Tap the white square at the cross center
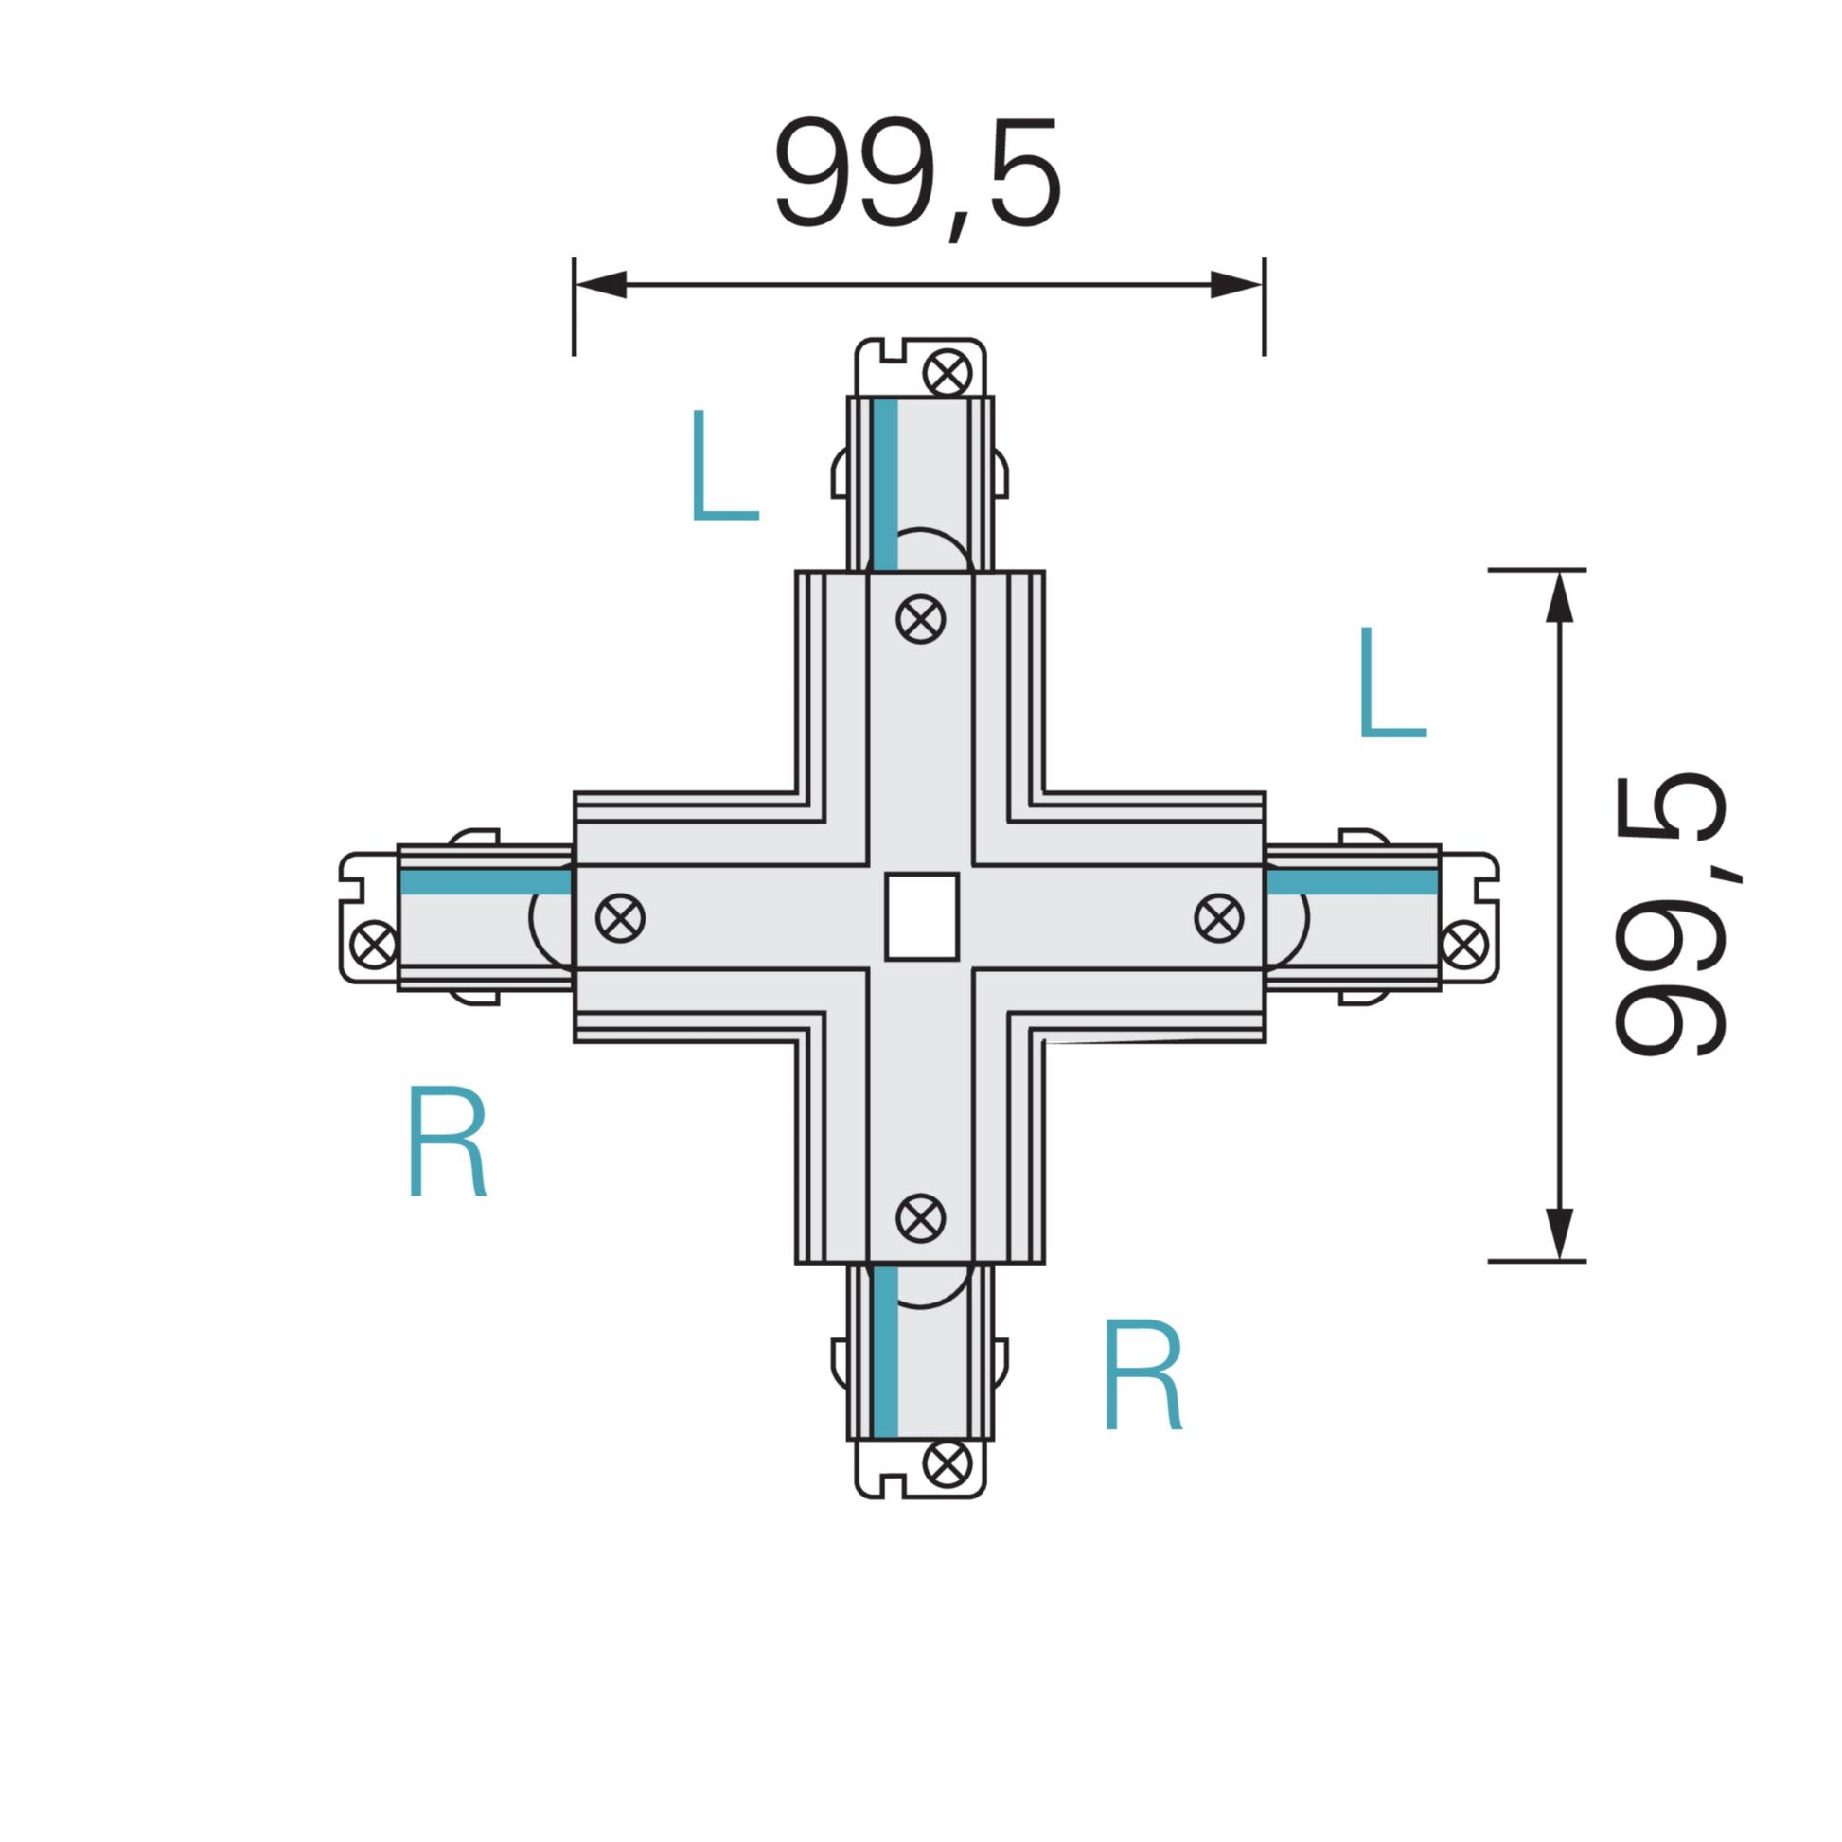[921, 916]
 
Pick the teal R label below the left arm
[447, 1141]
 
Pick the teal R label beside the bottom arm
[1142, 1374]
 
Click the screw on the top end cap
[948, 373]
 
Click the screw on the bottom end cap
[948, 1463]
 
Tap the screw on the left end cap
[374, 944]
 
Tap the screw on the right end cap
[1464, 944]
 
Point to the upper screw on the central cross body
[921, 619]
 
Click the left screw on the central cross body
[621, 918]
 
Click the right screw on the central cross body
[1218, 918]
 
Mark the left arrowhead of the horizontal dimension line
[601, 284]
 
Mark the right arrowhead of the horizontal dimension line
[1236, 284]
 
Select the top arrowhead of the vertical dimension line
[1559, 598]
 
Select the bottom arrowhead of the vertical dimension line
[1559, 1233]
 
